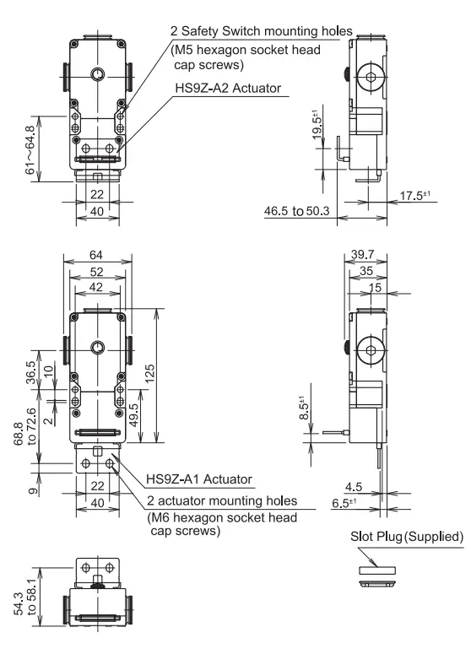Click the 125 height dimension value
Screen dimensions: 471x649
[150, 373]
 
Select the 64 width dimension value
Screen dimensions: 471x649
[96, 255]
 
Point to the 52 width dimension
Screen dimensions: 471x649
[96, 272]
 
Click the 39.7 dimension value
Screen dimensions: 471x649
[362, 254]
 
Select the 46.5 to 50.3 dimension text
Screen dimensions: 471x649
[297, 211]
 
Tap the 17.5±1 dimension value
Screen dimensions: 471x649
[415, 195]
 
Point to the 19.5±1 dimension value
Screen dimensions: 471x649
[317, 124]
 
